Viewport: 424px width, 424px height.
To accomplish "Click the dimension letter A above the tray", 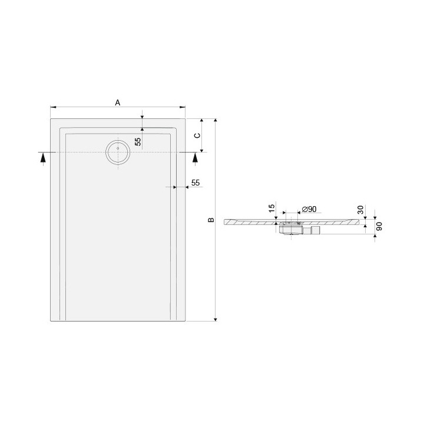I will click(x=118, y=102).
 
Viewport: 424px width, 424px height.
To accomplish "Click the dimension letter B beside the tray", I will click(x=210, y=221).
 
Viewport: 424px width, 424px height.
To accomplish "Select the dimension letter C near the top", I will click(x=198, y=135).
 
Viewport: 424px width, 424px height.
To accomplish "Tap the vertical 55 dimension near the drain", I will click(x=137, y=141).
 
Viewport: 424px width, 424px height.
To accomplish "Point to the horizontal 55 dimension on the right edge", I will click(x=196, y=183).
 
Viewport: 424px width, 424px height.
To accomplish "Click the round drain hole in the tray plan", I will click(x=117, y=153).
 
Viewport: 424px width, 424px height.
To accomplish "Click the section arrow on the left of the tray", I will click(x=42, y=157).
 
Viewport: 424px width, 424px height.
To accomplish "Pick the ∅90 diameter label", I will click(x=309, y=209).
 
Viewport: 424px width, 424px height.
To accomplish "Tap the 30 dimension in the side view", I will click(x=360, y=210).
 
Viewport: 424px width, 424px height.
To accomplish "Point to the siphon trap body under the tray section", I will click(x=290, y=229).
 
